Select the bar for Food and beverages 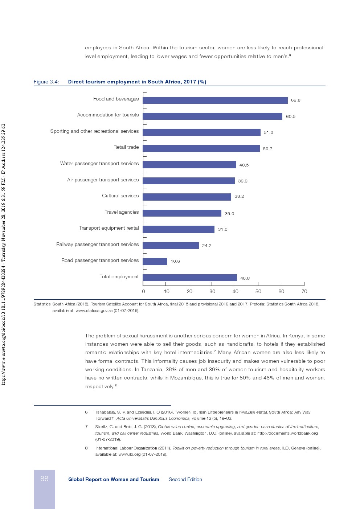pyautogui.click(x=215, y=100)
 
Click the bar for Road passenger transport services pyautogui.click(x=155, y=262)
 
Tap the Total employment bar pyautogui.click(x=190, y=278)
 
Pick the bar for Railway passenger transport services pyautogui.click(x=171, y=246)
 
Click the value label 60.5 pyautogui.click(x=291, y=116)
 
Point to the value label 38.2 pyautogui.click(x=239, y=196)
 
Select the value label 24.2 pyautogui.click(x=207, y=246)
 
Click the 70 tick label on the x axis pyautogui.click(x=304, y=291)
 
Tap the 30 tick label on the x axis pyautogui.click(x=212, y=291)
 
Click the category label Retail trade pyautogui.click(x=126, y=147)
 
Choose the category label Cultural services pyautogui.click(x=120, y=196)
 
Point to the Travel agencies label pyautogui.click(x=122, y=212)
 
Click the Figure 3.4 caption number pyautogui.click(x=46, y=82)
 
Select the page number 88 pyautogui.click(x=44, y=479)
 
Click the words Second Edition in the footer pyautogui.click(x=185, y=479)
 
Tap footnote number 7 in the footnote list pyautogui.click(x=86, y=427)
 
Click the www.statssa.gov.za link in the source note pyautogui.click(x=94, y=311)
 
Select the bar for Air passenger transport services pyautogui.click(x=189, y=181)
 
